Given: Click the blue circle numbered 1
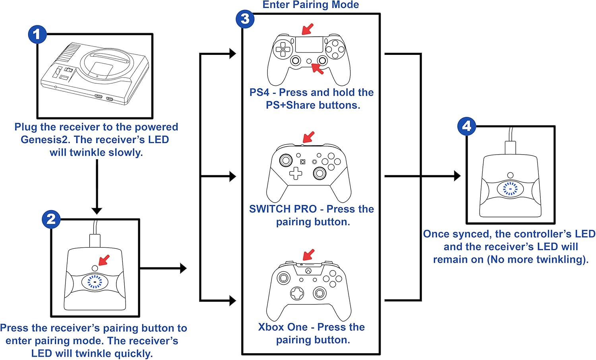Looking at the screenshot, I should (37, 34).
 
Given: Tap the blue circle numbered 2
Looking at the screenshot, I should (51, 219).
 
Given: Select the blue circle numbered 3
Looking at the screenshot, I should (245, 19).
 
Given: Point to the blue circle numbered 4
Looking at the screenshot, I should (466, 126).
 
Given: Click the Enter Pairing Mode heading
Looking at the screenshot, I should (310, 5).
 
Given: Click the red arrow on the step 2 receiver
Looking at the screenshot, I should (104, 260).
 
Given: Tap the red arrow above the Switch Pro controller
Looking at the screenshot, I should (308, 137).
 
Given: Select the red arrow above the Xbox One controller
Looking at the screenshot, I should (308, 255).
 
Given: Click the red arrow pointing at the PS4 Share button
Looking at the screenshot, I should (308, 29).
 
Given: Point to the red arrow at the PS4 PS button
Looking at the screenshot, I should (317, 69).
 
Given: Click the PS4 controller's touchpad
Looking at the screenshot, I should (309, 44).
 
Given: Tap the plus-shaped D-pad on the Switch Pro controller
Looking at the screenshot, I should (295, 173).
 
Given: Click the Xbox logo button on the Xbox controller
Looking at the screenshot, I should (308, 271).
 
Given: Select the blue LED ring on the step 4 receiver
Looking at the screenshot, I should (510, 189).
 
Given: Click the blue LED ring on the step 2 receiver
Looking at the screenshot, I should (95, 282).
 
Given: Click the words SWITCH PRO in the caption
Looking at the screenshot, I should (283, 209).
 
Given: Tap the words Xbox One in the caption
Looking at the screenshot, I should (283, 327).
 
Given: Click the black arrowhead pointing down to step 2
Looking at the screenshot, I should (97, 211).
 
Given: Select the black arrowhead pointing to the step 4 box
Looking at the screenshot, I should (457, 176).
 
